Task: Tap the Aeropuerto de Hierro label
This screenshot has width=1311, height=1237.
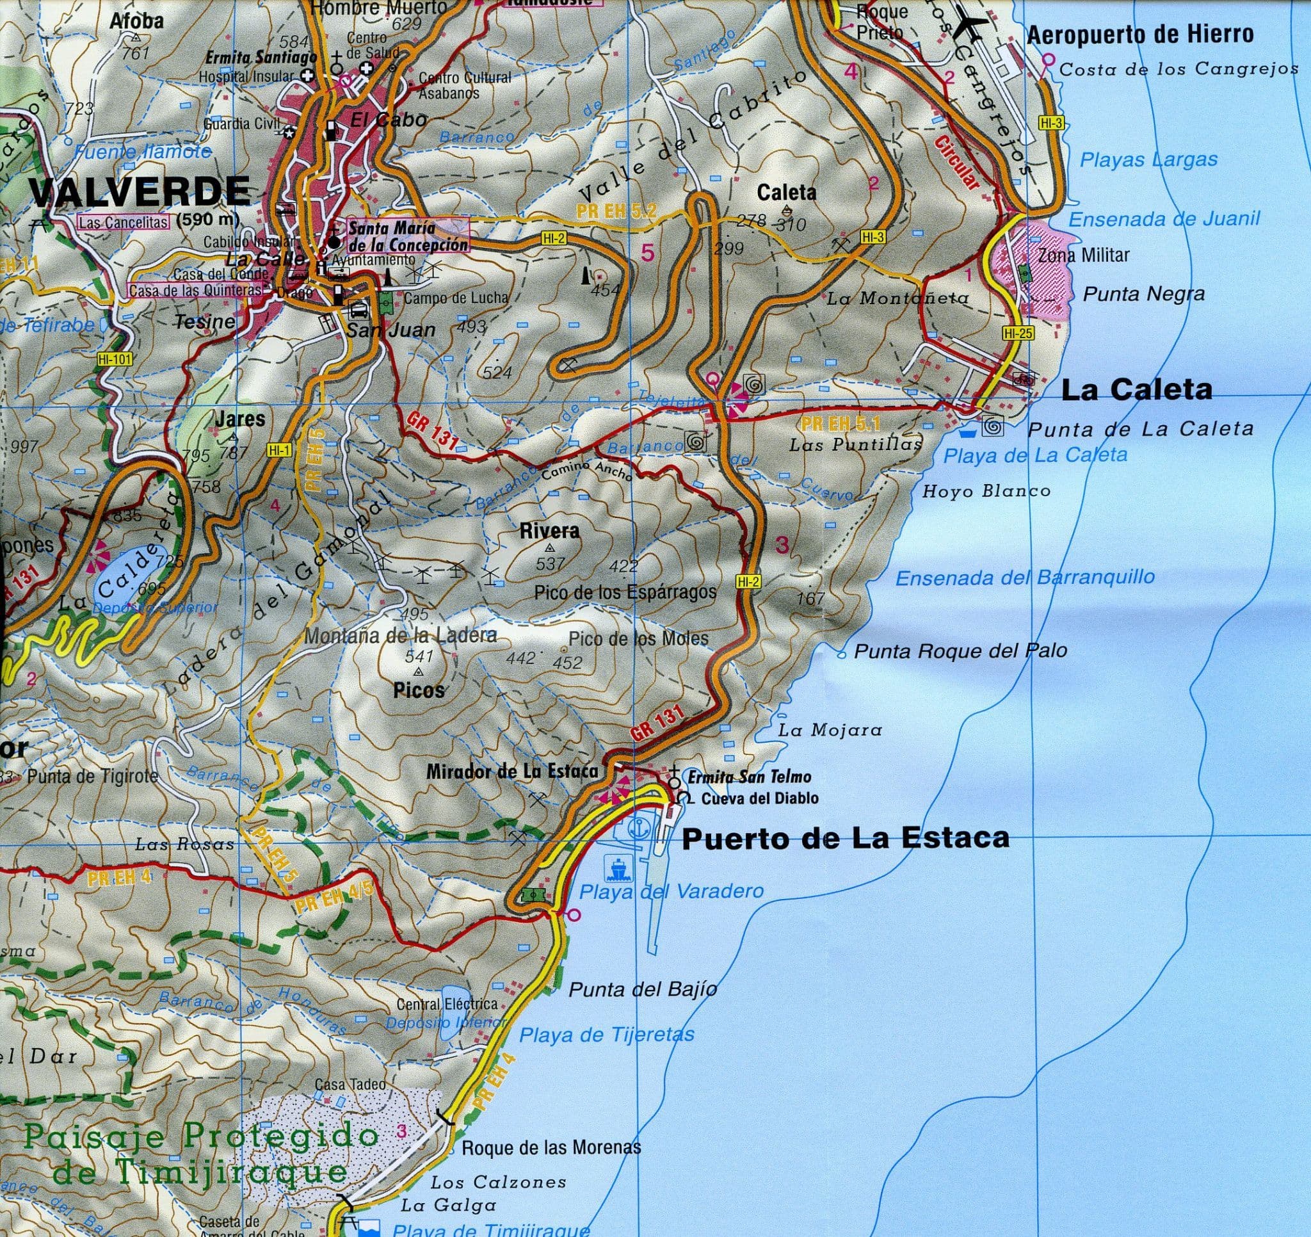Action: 1140,35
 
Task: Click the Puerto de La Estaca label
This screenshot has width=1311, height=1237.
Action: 845,839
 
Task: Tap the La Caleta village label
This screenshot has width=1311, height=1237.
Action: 1136,390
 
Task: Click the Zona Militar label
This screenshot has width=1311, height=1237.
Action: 1084,255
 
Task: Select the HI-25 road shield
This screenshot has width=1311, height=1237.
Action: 1018,334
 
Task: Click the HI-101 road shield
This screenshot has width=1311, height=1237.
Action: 115,360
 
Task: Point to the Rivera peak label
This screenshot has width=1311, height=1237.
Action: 540,530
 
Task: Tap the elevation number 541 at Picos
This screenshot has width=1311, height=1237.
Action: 419,656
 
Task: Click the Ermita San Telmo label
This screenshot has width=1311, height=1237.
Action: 750,777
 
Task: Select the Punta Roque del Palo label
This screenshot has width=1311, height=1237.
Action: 960,651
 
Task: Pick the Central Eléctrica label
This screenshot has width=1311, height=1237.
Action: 446,1004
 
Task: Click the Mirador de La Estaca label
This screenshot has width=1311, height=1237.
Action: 511,771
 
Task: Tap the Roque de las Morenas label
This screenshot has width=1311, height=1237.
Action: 551,1147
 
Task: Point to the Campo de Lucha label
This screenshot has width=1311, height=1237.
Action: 456,298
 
